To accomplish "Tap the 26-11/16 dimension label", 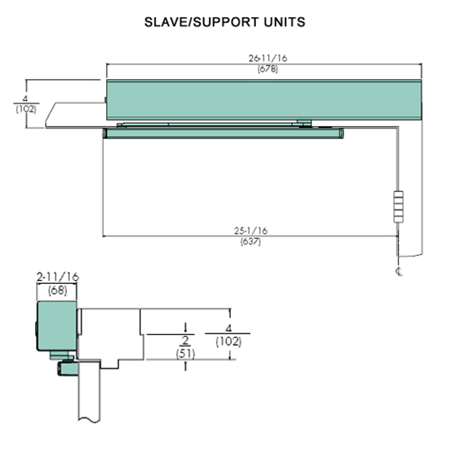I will tap(268, 58).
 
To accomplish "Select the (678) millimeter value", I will tap(268, 69).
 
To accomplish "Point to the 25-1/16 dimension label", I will tap(251, 231).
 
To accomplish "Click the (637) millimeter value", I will tap(251, 242).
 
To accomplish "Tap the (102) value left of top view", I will tap(26, 109).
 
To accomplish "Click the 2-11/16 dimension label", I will tap(58, 277).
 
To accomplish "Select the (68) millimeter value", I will tap(57, 291).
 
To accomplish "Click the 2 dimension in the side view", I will tap(185, 340).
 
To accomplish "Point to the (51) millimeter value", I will tap(185, 353).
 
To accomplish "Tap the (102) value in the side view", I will tap(229, 341).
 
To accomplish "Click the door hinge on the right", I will tap(398, 207).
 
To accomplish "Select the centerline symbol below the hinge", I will tap(399, 271).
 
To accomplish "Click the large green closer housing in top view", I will tap(264, 100).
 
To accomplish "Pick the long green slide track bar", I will tap(223, 133).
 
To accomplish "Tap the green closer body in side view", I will tap(57, 326).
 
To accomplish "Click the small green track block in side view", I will tap(67, 369).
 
